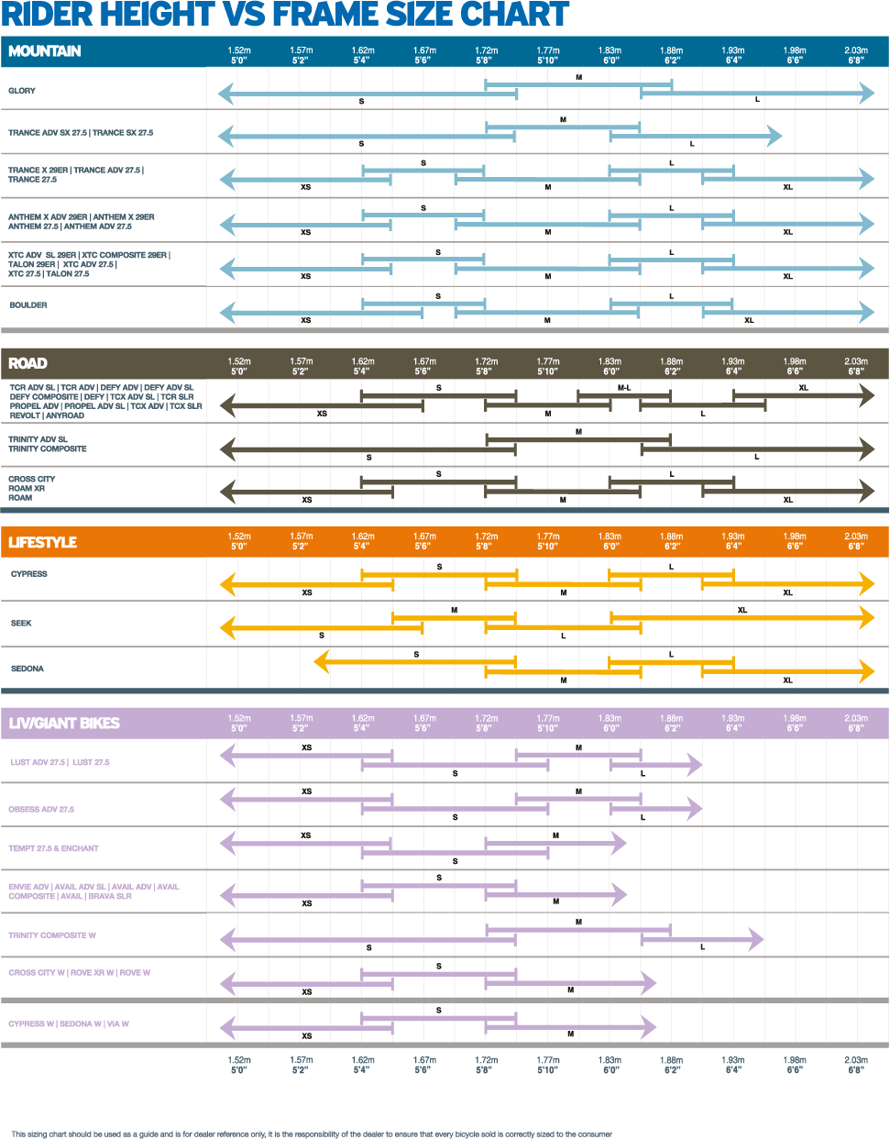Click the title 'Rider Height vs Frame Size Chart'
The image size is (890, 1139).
tap(285, 16)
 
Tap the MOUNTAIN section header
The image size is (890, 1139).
tap(45, 51)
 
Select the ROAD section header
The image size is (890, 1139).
tap(27, 363)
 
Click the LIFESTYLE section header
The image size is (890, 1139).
tap(42, 542)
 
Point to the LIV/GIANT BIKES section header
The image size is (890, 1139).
tap(64, 723)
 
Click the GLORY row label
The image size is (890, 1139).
tap(22, 91)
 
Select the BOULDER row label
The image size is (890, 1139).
tap(28, 305)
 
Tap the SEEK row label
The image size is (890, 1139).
tap(21, 624)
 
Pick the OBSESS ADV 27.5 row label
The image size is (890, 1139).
tap(41, 810)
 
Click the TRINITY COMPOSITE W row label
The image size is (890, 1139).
tap(52, 935)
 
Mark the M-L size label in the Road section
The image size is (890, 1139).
tap(624, 388)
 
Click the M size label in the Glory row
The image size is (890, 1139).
tap(578, 78)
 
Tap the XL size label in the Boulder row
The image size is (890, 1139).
tap(749, 320)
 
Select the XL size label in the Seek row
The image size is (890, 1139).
tap(742, 610)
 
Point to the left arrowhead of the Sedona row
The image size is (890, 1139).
tap(321, 661)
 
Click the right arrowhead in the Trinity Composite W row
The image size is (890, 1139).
tap(756, 938)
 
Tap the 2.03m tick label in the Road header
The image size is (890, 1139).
tap(855, 366)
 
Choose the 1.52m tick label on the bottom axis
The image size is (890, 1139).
tap(239, 1064)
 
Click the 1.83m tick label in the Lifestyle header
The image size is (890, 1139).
tap(610, 541)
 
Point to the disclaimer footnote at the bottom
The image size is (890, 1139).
tap(312, 1134)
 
